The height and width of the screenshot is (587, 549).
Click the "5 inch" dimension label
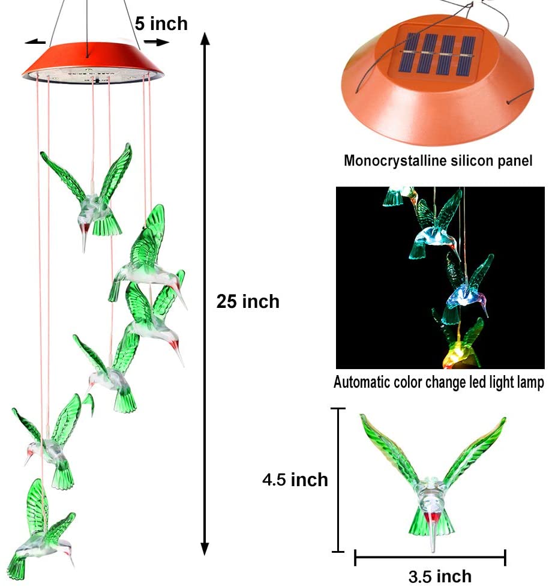point(161,23)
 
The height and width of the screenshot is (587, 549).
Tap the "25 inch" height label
point(248,301)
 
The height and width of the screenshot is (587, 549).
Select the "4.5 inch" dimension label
point(295,480)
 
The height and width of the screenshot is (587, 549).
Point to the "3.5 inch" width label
point(440,576)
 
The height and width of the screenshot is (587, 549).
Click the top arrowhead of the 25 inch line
point(205,39)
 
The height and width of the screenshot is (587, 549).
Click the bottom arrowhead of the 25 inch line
point(205,549)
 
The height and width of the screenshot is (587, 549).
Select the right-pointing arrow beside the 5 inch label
point(159,42)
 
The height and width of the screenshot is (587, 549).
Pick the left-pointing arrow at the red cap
point(36,42)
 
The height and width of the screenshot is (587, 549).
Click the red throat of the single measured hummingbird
point(430,517)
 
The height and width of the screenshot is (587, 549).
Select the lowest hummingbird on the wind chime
point(39,534)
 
